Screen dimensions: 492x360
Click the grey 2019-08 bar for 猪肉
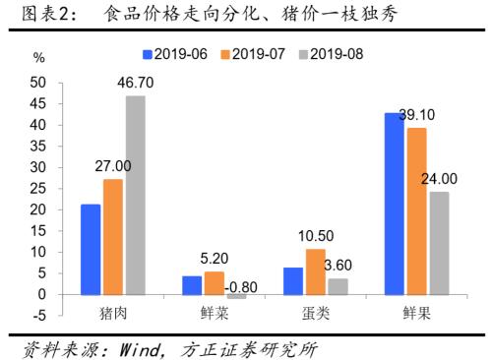(x=136, y=195)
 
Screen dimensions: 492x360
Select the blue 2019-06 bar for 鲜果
(x=395, y=204)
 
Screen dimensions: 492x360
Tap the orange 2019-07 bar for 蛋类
(x=316, y=271)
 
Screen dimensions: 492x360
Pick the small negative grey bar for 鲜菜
(x=236, y=297)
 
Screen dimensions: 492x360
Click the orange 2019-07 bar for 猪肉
(x=113, y=237)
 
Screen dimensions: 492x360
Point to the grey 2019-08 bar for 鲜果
(x=440, y=243)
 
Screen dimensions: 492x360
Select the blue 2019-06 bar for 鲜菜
(x=192, y=285)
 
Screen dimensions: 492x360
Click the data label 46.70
(x=136, y=83)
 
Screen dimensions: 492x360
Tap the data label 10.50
(x=316, y=236)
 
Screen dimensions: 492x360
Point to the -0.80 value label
(x=241, y=287)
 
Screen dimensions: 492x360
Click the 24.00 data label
(x=439, y=179)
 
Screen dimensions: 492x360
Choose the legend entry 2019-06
(x=175, y=54)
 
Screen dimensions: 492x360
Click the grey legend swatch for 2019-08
(x=303, y=55)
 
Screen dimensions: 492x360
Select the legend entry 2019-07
(x=253, y=54)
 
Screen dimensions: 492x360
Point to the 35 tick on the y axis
(x=37, y=147)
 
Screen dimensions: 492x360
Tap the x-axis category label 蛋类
(x=316, y=313)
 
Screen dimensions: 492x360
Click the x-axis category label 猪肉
(x=113, y=313)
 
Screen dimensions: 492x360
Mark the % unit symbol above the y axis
(x=38, y=58)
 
